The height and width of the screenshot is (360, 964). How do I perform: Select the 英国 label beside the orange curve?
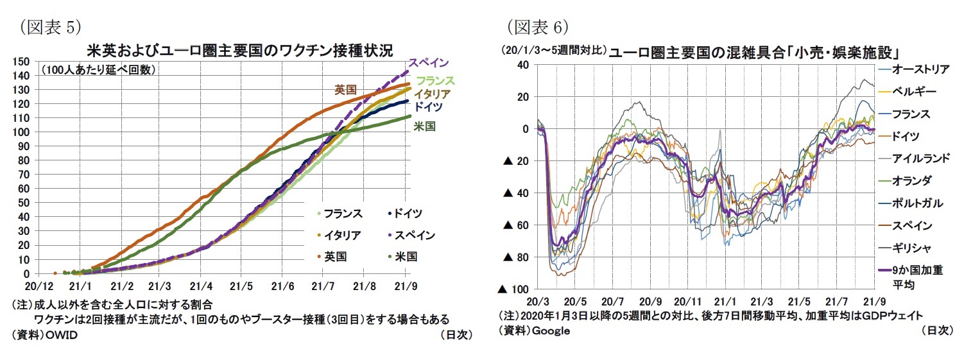(x=345, y=90)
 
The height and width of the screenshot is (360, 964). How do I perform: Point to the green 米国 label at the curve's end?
(x=424, y=126)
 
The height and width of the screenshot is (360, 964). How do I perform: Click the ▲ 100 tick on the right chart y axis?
(x=512, y=289)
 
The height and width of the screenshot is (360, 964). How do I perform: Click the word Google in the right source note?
(x=551, y=330)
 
